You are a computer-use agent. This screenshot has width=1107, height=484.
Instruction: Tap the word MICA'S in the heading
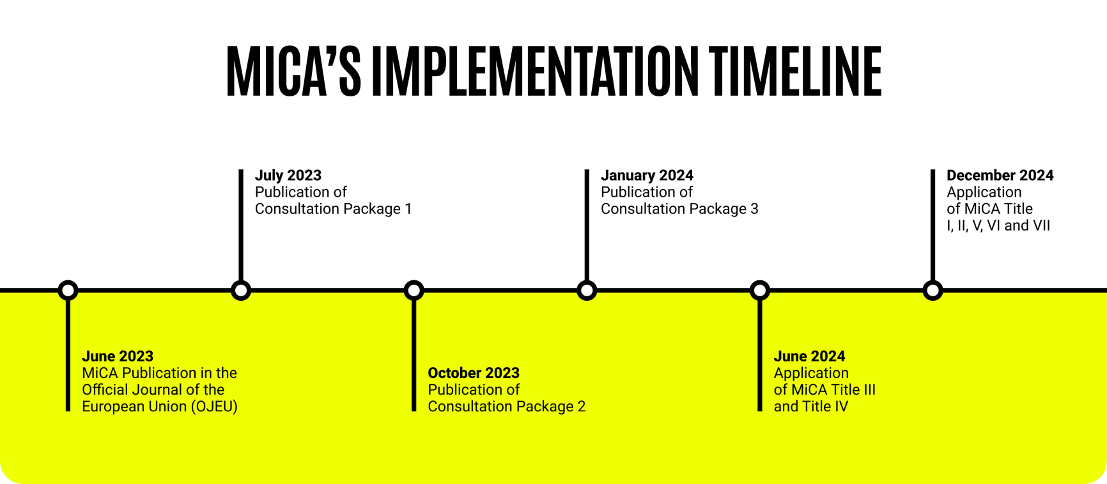point(293,71)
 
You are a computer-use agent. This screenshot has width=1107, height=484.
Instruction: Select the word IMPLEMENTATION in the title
point(536,71)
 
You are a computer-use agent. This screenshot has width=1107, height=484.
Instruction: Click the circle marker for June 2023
point(68,291)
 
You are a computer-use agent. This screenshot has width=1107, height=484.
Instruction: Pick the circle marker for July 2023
point(241,291)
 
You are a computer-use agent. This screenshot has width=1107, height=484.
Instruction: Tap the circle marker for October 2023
point(414,291)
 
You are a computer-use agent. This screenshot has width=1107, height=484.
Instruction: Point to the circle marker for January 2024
point(587,291)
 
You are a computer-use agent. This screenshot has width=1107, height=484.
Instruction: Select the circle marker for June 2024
point(760,291)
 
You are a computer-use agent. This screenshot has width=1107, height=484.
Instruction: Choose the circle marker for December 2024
point(933,291)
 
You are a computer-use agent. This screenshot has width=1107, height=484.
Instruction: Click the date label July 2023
point(288,176)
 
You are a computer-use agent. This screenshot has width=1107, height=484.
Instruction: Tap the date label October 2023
point(474,373)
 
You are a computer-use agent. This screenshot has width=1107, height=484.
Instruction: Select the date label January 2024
point(647,176)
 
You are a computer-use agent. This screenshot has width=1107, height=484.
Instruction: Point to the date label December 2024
point(1000,176)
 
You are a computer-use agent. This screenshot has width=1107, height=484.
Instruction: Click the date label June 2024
point(809,356)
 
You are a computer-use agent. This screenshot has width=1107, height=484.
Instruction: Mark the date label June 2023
point(118,356)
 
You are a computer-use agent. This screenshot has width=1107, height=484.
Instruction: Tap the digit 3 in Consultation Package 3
point(754,209)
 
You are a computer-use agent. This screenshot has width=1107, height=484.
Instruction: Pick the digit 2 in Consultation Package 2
point(581,407)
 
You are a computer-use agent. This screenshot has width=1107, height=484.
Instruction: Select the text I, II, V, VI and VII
point(998,225)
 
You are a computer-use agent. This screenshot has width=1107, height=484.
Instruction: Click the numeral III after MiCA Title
point(870,389)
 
